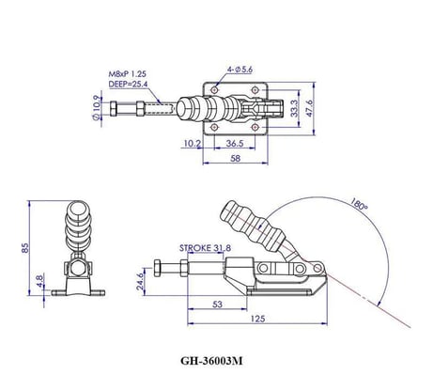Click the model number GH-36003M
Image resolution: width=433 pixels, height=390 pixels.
tap(211, 361)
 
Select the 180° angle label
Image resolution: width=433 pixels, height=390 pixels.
tap(358, 204)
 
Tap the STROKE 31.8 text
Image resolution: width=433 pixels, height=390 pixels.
tap(205, 248)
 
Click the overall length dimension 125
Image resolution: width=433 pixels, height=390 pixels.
tap(258, 319)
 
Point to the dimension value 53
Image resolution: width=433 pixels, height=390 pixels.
tap(217, 304)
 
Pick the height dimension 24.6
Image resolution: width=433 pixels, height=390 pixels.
tap(140, 281)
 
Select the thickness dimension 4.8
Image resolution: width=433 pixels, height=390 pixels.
tap(39, 282)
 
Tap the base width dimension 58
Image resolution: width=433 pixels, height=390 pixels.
tap(235, 158)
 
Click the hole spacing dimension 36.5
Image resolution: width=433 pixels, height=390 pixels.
tap(235, 143)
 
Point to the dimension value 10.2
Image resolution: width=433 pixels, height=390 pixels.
tap(192, 143)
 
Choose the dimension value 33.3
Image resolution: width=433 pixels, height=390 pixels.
tap(294, 108)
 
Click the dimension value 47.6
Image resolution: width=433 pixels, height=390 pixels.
tap(309, 108)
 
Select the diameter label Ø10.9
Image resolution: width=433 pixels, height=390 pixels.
tap(98, 107)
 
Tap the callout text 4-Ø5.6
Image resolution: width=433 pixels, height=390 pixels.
tap(240, 70)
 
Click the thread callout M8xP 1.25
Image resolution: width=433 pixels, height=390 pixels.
tap(128, 74)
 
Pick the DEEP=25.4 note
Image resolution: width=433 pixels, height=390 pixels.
tap(128, 84)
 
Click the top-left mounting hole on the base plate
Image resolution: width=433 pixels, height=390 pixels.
tap(214, 90)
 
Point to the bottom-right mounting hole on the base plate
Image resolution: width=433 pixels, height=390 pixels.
tap(255, 127)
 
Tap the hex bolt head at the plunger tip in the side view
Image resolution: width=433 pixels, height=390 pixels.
tap(157, 268)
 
